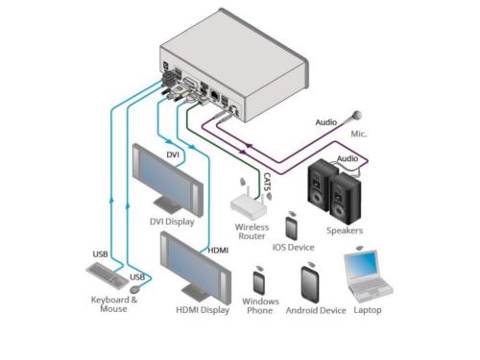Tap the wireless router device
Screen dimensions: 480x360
pos(249,204)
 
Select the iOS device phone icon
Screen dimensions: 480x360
pos(291,228)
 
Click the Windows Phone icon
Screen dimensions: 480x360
pos(259,282)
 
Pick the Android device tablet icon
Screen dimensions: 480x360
pos(310,284)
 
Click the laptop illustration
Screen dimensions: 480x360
pos(368,276)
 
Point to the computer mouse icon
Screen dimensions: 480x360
pos(135,290)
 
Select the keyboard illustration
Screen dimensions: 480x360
pos(108,276)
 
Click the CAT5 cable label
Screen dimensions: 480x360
pos(267,182)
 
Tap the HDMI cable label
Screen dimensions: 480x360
pos(218,250)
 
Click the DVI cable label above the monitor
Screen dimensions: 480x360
pos(173,155)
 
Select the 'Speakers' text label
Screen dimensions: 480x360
pos(345,230)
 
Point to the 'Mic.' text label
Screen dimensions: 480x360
pos(359,133)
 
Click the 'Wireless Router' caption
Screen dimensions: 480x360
pos(252,231)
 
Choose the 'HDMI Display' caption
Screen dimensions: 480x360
pos(203,310)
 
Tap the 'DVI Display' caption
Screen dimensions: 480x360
pos(172,222)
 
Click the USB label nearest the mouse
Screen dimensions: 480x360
pos(137,277)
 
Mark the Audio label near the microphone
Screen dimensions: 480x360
pos(326,122)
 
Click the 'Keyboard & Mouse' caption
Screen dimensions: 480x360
pos(114,304)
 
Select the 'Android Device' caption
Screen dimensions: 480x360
pos(316,310)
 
